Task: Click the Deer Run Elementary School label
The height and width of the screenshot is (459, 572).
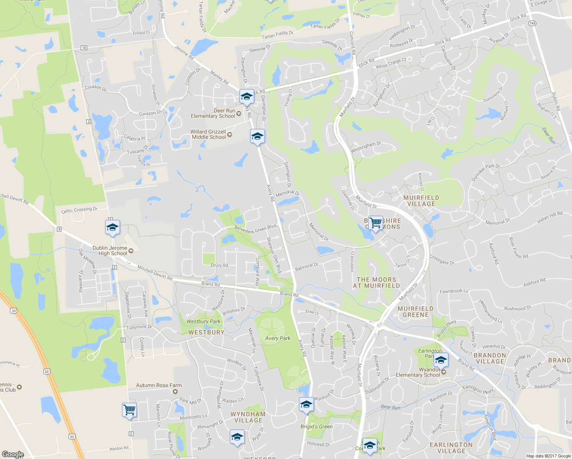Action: point(213,113)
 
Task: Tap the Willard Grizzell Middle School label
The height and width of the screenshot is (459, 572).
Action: point(209,134)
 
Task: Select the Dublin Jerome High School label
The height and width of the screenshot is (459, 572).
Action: point(110,251)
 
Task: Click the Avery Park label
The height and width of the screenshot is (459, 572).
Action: point(278,338)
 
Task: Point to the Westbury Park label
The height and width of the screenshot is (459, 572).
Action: point(203,321)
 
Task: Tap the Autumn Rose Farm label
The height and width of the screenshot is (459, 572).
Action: point(159,386)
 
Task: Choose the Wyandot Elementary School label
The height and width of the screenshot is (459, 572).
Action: point(418,373)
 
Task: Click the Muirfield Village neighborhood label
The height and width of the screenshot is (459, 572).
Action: point(421,201)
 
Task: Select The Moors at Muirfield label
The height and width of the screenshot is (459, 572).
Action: point(376,283)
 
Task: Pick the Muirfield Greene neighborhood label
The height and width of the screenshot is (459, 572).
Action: point(416,312)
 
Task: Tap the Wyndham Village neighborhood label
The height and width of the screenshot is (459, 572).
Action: point(248,417)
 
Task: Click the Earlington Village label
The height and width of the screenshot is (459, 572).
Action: point(451,448)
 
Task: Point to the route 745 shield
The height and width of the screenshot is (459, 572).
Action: point(533,23)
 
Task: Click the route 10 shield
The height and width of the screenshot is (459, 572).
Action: point(84,48)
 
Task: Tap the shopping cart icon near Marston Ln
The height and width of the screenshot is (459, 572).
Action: point(130,410)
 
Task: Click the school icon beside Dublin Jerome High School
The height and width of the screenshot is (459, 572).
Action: point(112,227)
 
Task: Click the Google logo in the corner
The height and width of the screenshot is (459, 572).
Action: point(13,454)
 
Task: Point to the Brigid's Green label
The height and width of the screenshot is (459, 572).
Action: point(317,426)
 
